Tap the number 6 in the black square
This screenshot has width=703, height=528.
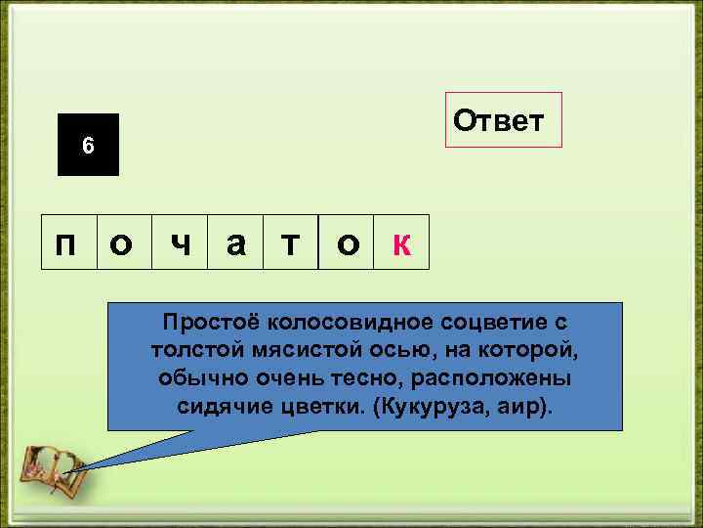tap(88, 146)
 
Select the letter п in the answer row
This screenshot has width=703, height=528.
tap(67, 243)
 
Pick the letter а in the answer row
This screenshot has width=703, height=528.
tap(235, 243)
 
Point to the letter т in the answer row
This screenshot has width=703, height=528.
tap(291, 243)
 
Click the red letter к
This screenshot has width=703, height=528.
tap(400, 243)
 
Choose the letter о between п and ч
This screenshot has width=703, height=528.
tap(123, 243)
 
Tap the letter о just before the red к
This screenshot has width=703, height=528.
tap(347, 243)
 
